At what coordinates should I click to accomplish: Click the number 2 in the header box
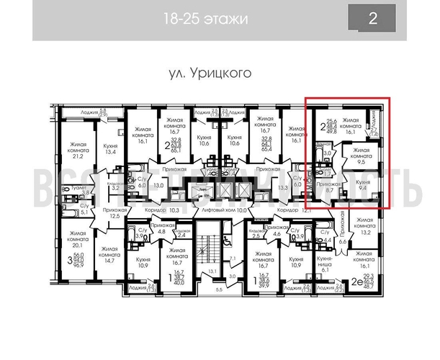click(x=372, y=19)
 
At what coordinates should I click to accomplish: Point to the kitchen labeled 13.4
click(x=110, y=148)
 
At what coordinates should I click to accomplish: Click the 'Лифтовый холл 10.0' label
click(x=224, y=210)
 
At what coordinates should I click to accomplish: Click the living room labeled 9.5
click(x=359, y=157)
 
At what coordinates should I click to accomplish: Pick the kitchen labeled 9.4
click(x=363, y=189)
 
